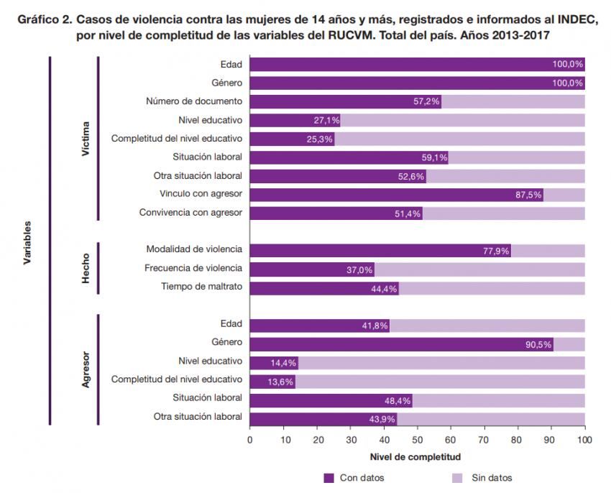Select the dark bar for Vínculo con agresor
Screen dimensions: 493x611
tap(395, 194)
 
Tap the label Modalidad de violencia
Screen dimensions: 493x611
tap(194, 249)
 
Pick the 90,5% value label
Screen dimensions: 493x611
tap(539, 344)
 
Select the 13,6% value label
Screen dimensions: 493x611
tap(281, 382)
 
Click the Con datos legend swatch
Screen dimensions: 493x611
tap(329, 477)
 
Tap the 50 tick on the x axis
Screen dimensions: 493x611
tap(417, 439)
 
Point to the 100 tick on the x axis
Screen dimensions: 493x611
tap(585, 439)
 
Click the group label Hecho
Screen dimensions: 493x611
tap(86, 268)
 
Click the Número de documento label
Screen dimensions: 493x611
tap(194, 101)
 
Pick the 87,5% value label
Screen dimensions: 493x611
tap(528, 194)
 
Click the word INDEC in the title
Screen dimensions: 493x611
tap(576, 19)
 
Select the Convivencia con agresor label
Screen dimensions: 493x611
tap(190, 213)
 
